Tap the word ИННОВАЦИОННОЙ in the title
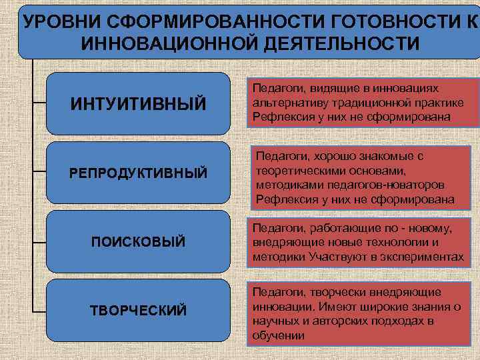click(157, 43)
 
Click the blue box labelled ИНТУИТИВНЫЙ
click(138, 103)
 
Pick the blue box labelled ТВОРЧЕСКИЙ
click(138, 310)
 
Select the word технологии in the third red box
click(391, 243)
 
